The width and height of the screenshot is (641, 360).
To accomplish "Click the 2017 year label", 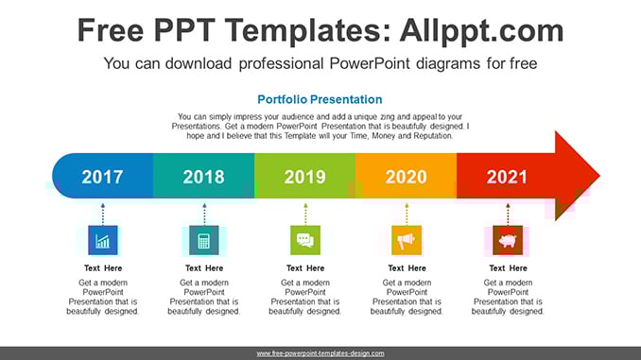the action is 102,177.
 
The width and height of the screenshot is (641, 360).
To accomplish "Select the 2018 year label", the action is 203,177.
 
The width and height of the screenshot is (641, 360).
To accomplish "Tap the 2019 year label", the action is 305,177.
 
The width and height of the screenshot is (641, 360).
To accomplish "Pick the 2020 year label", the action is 406,177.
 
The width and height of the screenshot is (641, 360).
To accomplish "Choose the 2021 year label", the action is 507,177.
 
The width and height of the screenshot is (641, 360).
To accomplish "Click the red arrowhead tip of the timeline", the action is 599,176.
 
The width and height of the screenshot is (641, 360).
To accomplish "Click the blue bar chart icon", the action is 103,240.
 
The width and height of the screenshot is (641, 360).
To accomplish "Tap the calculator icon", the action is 204,240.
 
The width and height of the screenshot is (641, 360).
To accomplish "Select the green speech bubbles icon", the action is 305,240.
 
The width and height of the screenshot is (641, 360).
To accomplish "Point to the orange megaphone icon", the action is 407,240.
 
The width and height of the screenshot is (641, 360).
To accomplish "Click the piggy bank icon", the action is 508,240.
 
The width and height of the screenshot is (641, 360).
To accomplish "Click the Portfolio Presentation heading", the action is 320,99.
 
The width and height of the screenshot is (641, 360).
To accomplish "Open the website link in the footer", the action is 320,353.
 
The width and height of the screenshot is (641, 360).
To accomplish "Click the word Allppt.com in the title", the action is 481,30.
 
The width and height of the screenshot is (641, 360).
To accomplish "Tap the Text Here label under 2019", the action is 305,268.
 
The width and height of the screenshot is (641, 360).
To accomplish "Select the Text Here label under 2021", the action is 508,268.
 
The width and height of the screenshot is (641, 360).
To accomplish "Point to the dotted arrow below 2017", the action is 103,214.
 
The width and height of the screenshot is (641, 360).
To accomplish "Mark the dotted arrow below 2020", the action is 407,214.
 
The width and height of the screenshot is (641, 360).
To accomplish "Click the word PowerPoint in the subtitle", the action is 370,63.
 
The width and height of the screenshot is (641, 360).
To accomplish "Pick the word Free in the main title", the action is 111,30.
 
